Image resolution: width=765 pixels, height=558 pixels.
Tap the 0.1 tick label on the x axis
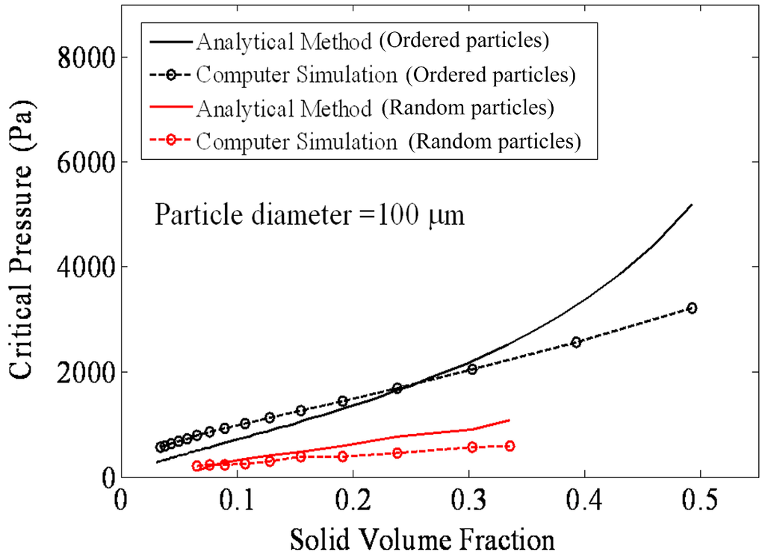(237, 498)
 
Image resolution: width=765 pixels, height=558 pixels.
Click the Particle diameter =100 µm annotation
(310, 216)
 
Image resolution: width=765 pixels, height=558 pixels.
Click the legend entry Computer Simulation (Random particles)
(388, 141)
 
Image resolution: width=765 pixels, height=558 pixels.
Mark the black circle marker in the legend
(173, 75)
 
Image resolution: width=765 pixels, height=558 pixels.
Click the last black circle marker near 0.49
(692, 308)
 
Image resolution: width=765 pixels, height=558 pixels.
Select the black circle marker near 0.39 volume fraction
(576, 342)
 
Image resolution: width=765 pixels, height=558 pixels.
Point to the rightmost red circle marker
(510, 446)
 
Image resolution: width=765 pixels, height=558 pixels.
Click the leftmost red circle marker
(197, 466)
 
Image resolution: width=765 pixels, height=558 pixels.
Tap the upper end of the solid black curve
(692, 205)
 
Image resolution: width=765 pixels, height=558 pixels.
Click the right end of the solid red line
(510, 420)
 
